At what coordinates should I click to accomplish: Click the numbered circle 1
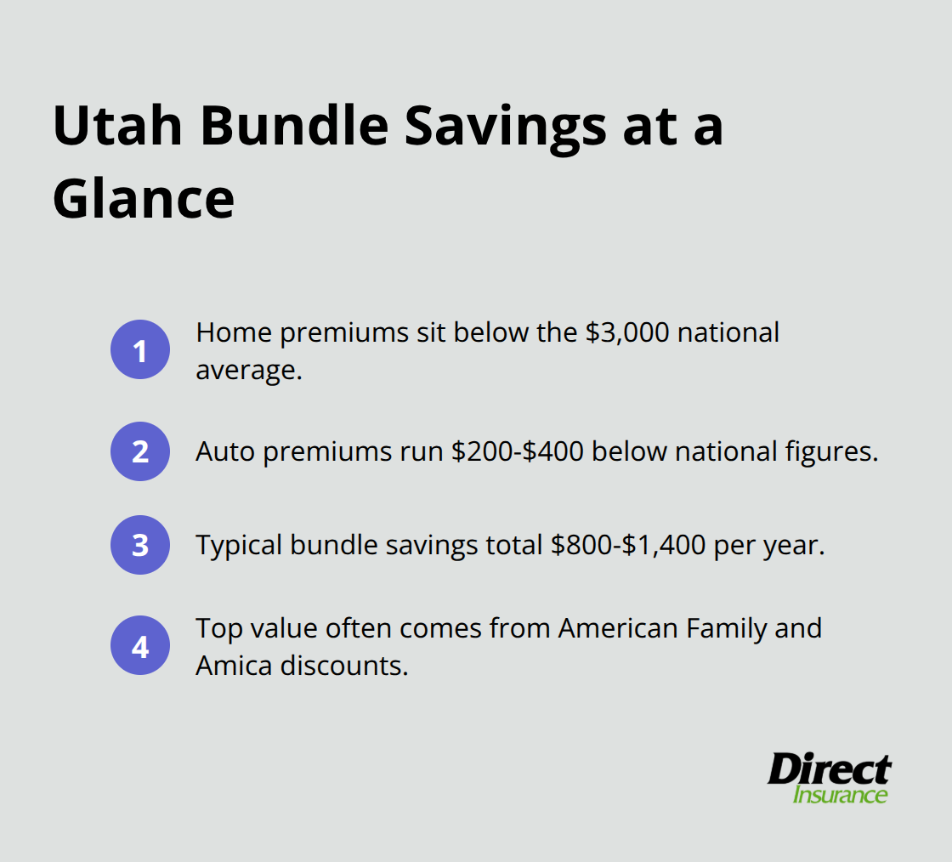click(x=140, y=349)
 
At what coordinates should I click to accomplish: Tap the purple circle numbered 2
click(x=140, y=451)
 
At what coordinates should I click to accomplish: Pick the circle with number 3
click(x=140, y=545)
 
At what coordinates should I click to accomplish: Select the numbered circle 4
click(x=140, y=646)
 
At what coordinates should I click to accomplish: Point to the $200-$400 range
click(x=517, y=451)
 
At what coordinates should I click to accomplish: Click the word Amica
click(x=234, y=666)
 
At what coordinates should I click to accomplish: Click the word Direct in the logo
click(x=829, y=770)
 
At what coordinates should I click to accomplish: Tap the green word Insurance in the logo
click(x=840, y=796)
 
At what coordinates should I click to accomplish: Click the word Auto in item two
click(x=225, y=451)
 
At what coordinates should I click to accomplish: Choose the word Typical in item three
click(x=239, y=545)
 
